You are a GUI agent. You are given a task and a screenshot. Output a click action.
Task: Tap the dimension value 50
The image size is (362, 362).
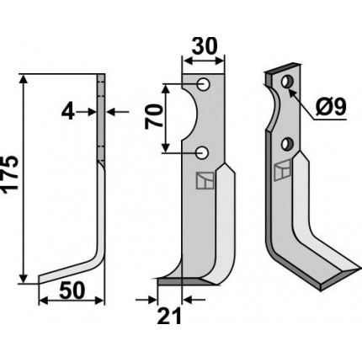pos(72,290)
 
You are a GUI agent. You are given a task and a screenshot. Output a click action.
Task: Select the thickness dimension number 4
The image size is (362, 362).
pos(67,112)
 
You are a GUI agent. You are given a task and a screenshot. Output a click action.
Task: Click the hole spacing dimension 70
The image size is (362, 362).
pos(153,116)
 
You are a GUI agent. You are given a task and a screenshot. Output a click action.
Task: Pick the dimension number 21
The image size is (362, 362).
pos(169,316)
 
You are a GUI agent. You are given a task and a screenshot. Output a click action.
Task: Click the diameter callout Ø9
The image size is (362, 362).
pos(331,107)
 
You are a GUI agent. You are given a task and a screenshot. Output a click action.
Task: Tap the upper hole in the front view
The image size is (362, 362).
pos(203,84)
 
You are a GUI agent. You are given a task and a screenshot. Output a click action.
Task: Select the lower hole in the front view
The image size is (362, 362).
pos(202,153)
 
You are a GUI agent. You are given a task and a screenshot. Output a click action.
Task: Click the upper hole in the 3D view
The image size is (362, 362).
pos(287,82)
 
